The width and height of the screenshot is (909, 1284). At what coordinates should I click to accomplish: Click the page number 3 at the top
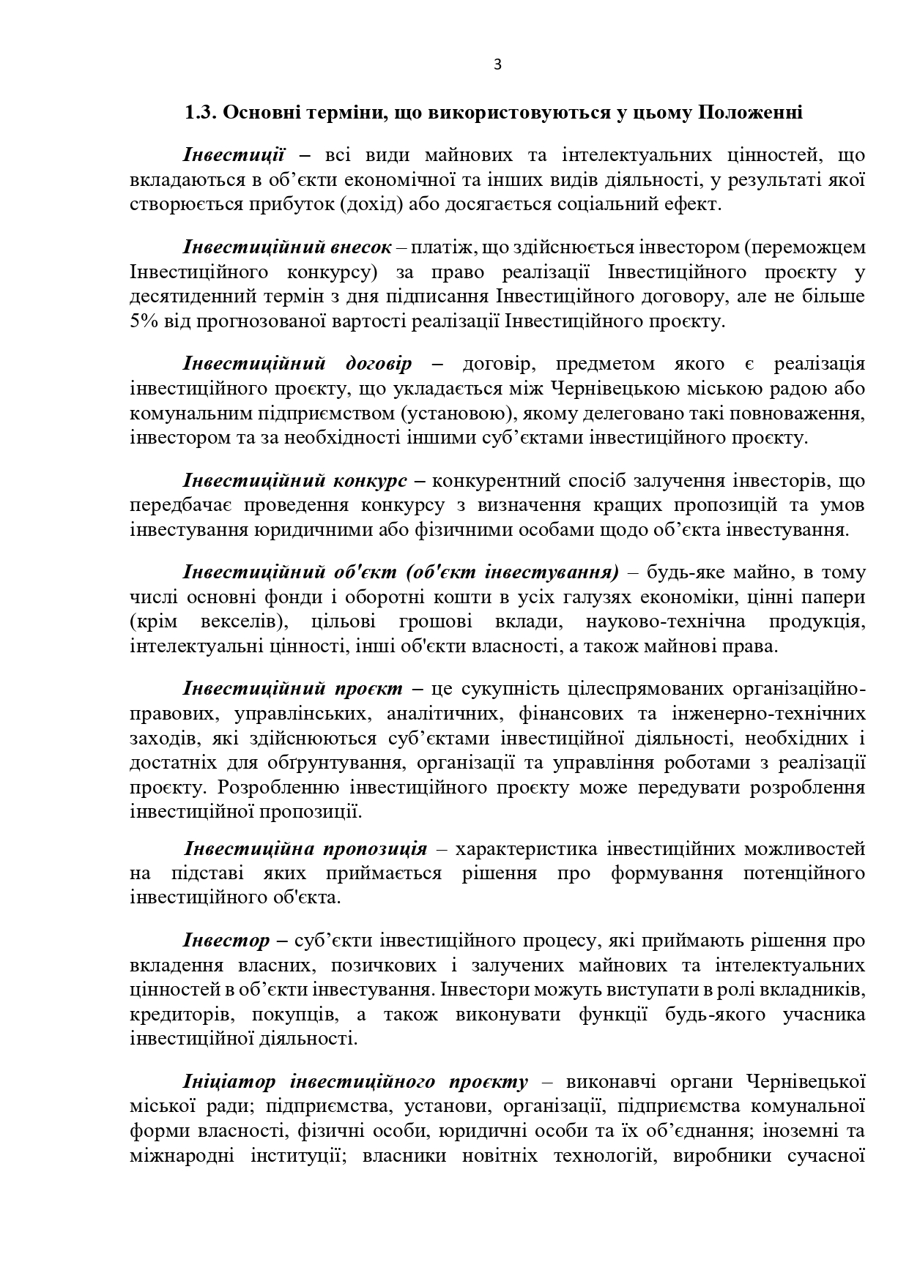tap(498, 64)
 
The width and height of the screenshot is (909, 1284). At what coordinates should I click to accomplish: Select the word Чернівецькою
tap(616, 389)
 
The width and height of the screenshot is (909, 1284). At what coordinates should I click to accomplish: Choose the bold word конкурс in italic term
tap(370, 481)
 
